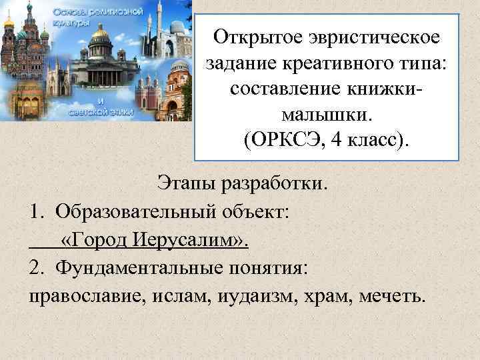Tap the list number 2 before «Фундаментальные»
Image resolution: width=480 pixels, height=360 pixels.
click(35, 267)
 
